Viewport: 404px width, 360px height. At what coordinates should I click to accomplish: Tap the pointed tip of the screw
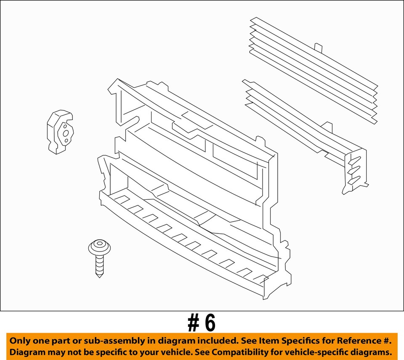click(99, 277)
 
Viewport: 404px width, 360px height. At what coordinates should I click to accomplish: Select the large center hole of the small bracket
click(66, 133)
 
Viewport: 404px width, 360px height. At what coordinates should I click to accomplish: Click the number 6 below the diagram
click(210, 323)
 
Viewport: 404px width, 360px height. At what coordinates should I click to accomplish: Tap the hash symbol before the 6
click(194, 323)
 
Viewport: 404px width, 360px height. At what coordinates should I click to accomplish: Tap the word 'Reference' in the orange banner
click(356, 341)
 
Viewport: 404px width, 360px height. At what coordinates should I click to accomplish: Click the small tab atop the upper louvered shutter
click(318, 48)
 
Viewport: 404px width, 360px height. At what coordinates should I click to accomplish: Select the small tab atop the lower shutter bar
click(327, 127)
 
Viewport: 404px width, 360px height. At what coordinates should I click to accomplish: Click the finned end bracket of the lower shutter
click(355, 171)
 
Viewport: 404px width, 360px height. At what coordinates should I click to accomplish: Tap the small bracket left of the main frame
click(60, 132)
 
